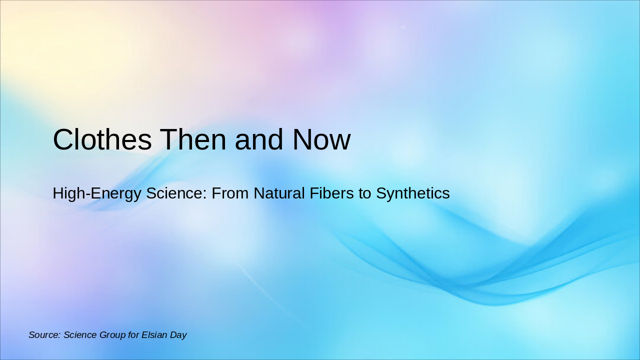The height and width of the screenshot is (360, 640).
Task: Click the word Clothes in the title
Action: [x=102, y=139]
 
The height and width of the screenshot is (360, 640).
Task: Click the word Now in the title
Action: [x=321, y=139]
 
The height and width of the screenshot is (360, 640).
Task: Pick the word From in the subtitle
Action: [x=230, y=193]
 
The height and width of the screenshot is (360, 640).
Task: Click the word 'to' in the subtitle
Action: [x=364, y=193]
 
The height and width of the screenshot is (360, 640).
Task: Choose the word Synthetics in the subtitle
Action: [x=413, y=193]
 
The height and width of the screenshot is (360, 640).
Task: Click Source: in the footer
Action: [x=44, y=335]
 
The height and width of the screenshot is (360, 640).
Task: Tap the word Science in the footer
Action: [x=80, y=335]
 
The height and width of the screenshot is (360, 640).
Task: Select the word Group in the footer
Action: [x=112, y=335]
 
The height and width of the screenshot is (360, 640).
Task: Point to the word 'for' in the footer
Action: [x=133, y=335]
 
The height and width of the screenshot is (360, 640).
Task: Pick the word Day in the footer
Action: [x=178, y=335]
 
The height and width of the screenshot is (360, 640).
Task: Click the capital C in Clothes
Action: [x=63, y=139]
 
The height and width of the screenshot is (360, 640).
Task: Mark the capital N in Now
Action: [x=303, y=139]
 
